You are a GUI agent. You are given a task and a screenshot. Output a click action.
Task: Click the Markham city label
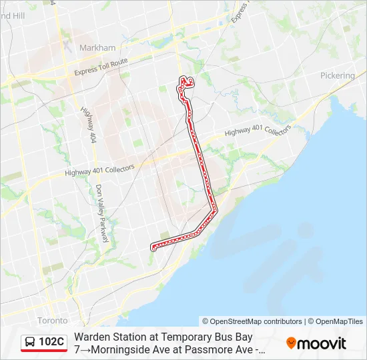coord(97,47)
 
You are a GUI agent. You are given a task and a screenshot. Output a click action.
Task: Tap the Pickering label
coord(337,75)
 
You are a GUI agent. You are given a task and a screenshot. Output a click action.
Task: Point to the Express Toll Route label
coord(101,67)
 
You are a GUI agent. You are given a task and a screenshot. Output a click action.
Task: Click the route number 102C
coord(51,342)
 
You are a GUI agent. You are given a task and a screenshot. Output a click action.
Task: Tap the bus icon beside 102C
coord(31,343)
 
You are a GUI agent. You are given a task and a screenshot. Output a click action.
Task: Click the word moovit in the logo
coord(322,343)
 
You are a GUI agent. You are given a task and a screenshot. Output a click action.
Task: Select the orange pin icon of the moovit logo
coord(291,343)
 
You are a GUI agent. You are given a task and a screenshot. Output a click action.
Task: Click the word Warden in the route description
coord(91,337)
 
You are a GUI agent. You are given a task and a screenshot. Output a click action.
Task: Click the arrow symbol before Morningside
coord(84,349)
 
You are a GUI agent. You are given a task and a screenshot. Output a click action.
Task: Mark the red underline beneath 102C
coord(44,351)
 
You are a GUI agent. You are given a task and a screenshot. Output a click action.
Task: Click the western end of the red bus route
coord(153,248)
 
